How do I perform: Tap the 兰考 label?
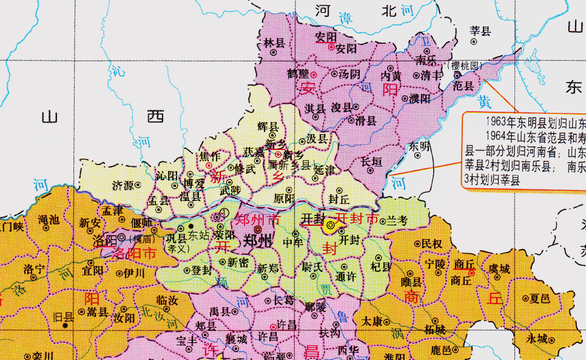(398, 222)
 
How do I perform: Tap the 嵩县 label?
(97, 312)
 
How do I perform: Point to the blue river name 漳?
(345, 17)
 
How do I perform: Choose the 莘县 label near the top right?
(480, 30)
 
